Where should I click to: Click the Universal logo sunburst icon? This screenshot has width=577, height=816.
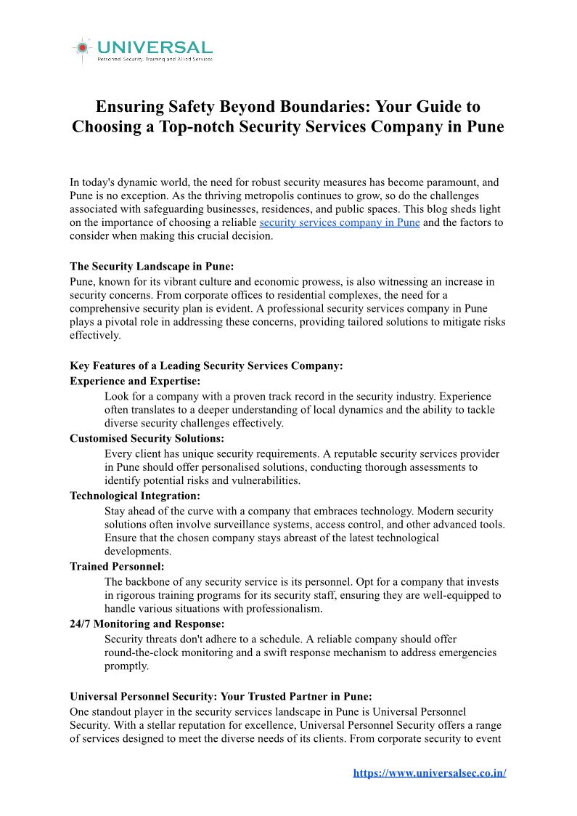coord(83,48)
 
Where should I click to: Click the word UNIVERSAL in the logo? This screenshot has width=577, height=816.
coord(155,47)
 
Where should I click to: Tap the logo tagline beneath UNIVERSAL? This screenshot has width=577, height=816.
coord(155,59)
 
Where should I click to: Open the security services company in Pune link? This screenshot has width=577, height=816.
coord(339,222)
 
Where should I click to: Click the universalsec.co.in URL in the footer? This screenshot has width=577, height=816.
coord(429,772)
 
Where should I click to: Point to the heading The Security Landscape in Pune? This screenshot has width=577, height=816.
coord(152,267)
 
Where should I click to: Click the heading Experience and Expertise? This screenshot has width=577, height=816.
coord(135,381)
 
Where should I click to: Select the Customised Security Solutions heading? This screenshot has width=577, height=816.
coord(147,438)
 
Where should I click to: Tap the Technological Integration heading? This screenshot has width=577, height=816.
coord(135,496)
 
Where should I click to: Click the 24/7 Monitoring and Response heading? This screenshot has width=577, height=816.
coord(147,623)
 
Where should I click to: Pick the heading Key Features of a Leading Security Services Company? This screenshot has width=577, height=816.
coord(206,365)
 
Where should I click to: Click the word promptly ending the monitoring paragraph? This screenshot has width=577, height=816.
coord(126,666)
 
